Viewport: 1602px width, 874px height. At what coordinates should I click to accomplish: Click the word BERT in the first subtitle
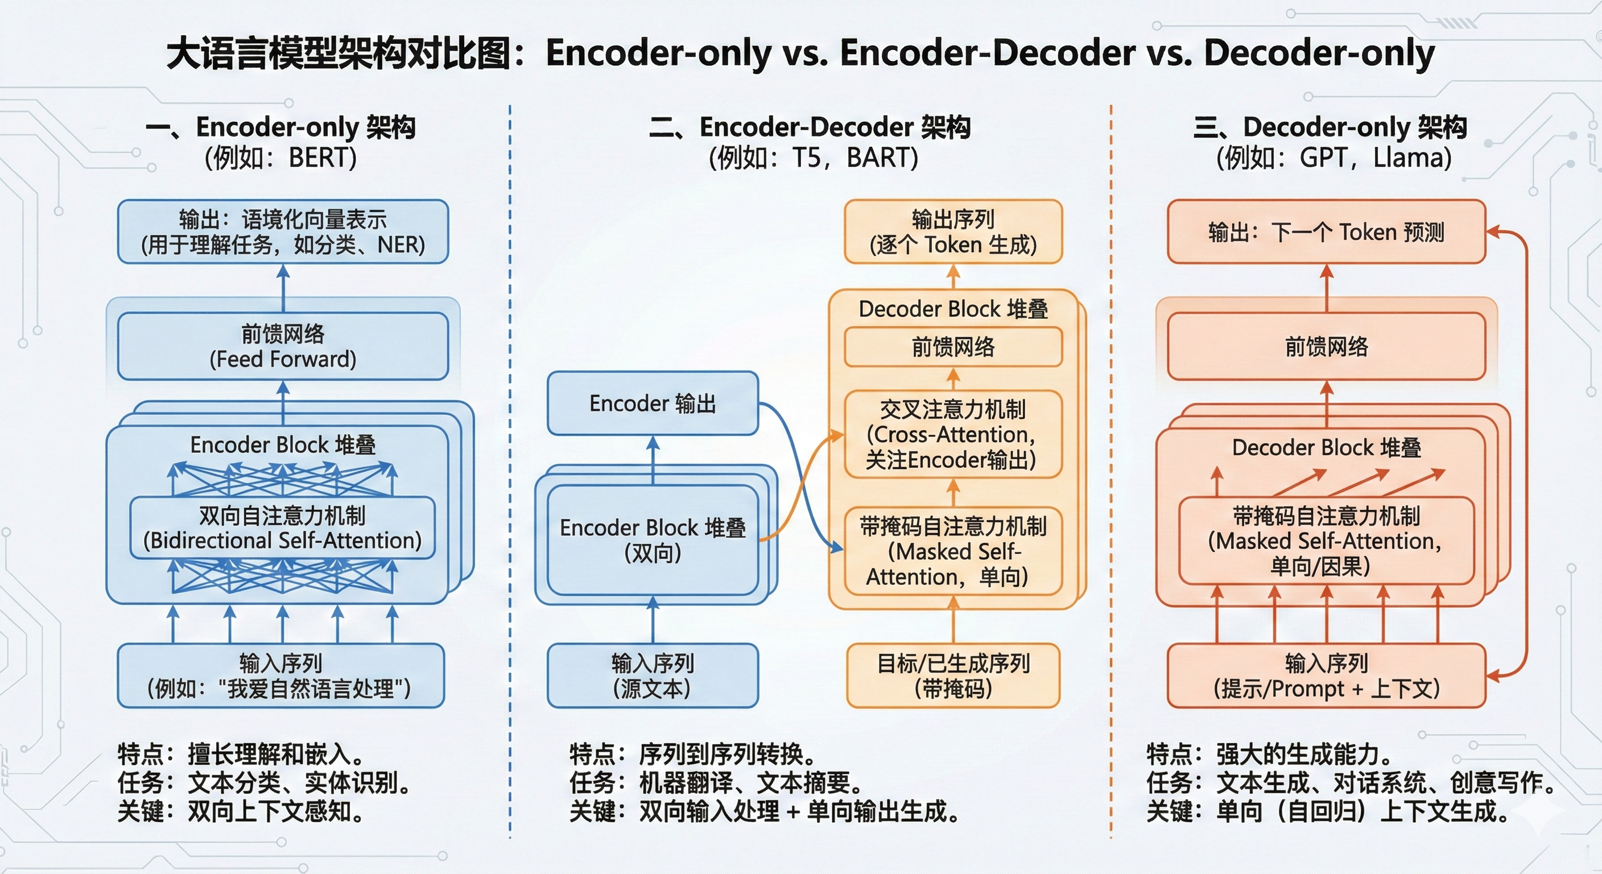pyautogui.click(x=322, y=158)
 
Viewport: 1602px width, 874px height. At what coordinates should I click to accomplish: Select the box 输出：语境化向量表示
pyautogui.click(x=283, y=232)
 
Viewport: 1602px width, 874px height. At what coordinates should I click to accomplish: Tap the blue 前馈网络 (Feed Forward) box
pyautogui.click(x=283, y=347)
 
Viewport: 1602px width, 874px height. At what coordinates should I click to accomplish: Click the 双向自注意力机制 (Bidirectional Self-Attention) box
pyautogui.click(x=282, y=528)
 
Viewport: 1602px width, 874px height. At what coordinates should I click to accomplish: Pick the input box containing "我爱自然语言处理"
pyautogui.click(x=280, y=675)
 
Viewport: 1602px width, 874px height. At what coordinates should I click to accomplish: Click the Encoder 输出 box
pyautogui.click(x=653, y=403)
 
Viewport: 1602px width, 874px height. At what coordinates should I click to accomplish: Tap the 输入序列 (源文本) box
pyautogui.click(x=653, y=675)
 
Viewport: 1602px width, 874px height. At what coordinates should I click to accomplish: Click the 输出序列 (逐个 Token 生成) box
pyautogui.click(x=953, y=232)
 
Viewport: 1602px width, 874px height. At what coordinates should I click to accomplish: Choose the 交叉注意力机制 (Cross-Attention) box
pyautogui.click(x=953, y=434)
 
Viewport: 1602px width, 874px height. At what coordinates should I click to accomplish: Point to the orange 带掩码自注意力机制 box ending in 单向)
pyautogui.click(x=953, y=551)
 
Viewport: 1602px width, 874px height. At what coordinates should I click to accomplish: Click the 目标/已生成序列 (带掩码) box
pyautogui.click(x=953, y=675)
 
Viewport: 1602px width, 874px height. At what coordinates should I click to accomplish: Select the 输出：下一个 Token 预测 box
pyautogui.click(x=1326, y=232)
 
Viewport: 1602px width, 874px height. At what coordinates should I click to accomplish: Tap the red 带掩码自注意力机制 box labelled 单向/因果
pyautogui.click(x=1326, y=541)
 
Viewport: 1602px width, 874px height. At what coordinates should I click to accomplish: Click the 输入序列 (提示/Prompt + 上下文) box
pyautogui.click(x=1326, y=675)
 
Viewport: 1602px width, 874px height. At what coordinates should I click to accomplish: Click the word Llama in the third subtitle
pyautogui.click(x=1411, y=158)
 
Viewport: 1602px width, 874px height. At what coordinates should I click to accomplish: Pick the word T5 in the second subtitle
pyautogui.click(x=807, y=158)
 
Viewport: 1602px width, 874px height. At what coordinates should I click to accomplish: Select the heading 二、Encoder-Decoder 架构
pyautogui.click(x=809, y=127)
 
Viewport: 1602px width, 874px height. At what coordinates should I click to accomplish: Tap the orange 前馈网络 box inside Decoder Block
pyautogui.click(x=953, y=347)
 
